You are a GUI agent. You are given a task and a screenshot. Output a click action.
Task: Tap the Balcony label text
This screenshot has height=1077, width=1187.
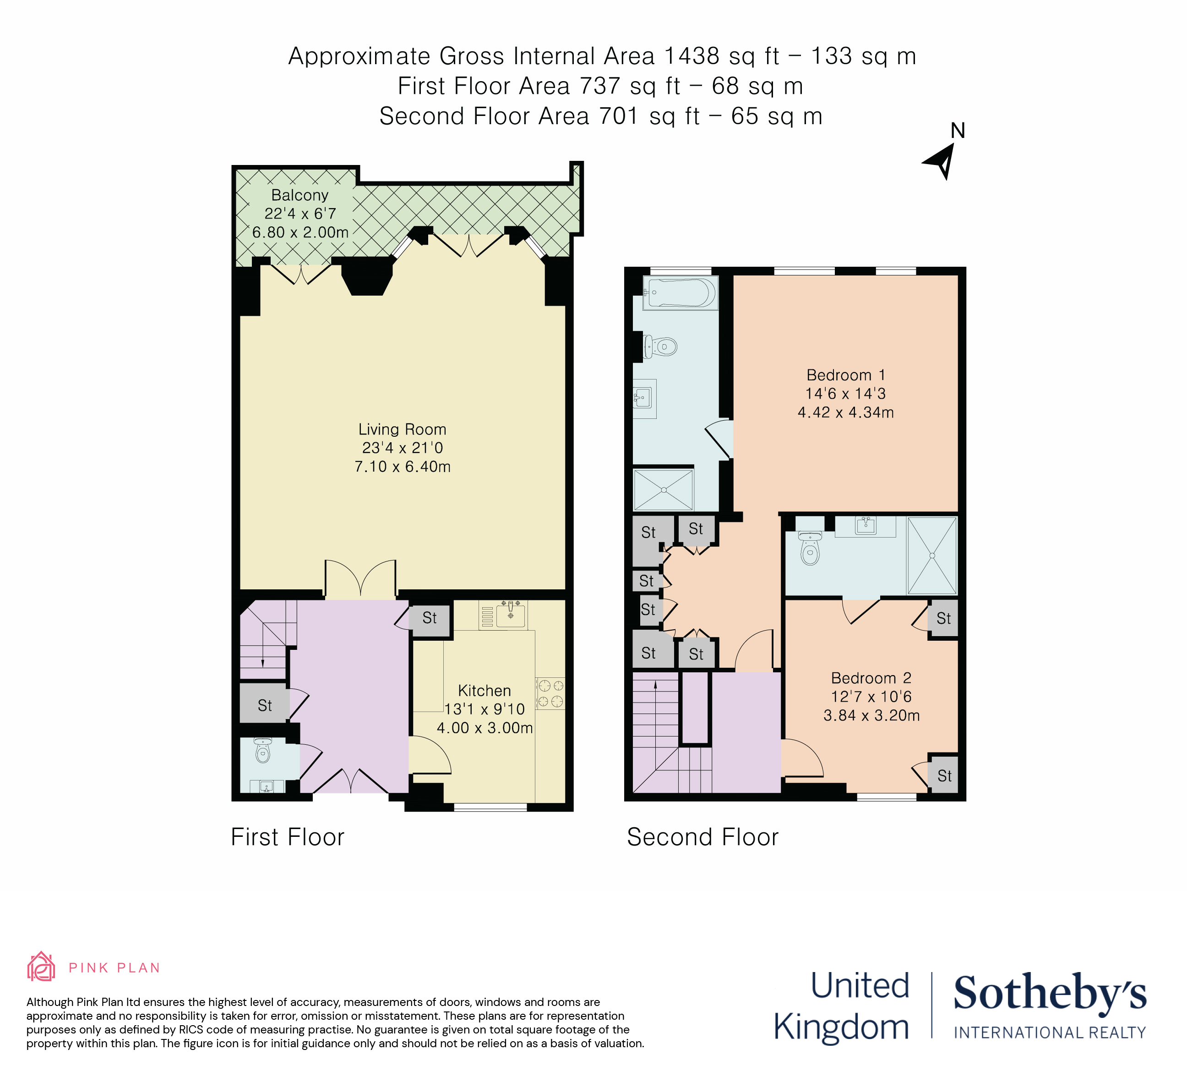299,195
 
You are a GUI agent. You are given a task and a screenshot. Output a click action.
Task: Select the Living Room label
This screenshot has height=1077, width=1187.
402,429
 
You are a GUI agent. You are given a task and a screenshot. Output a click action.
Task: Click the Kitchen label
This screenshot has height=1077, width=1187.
484,691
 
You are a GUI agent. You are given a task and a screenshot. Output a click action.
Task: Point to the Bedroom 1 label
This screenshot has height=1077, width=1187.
845,375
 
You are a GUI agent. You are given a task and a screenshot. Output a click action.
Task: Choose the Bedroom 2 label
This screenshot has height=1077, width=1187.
871,678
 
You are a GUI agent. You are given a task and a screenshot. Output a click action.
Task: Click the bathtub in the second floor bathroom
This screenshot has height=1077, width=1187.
680,292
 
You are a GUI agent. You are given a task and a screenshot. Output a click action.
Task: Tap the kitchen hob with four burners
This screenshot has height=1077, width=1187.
550,693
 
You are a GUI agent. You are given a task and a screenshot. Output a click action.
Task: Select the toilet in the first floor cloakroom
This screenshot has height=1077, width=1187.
262,751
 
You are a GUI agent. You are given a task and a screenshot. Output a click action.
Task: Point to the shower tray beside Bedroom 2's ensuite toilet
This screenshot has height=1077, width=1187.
932,555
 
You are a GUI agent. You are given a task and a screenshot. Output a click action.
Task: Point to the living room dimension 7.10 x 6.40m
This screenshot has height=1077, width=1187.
402,467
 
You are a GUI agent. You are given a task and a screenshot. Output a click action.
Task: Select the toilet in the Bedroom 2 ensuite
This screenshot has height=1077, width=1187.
810,547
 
